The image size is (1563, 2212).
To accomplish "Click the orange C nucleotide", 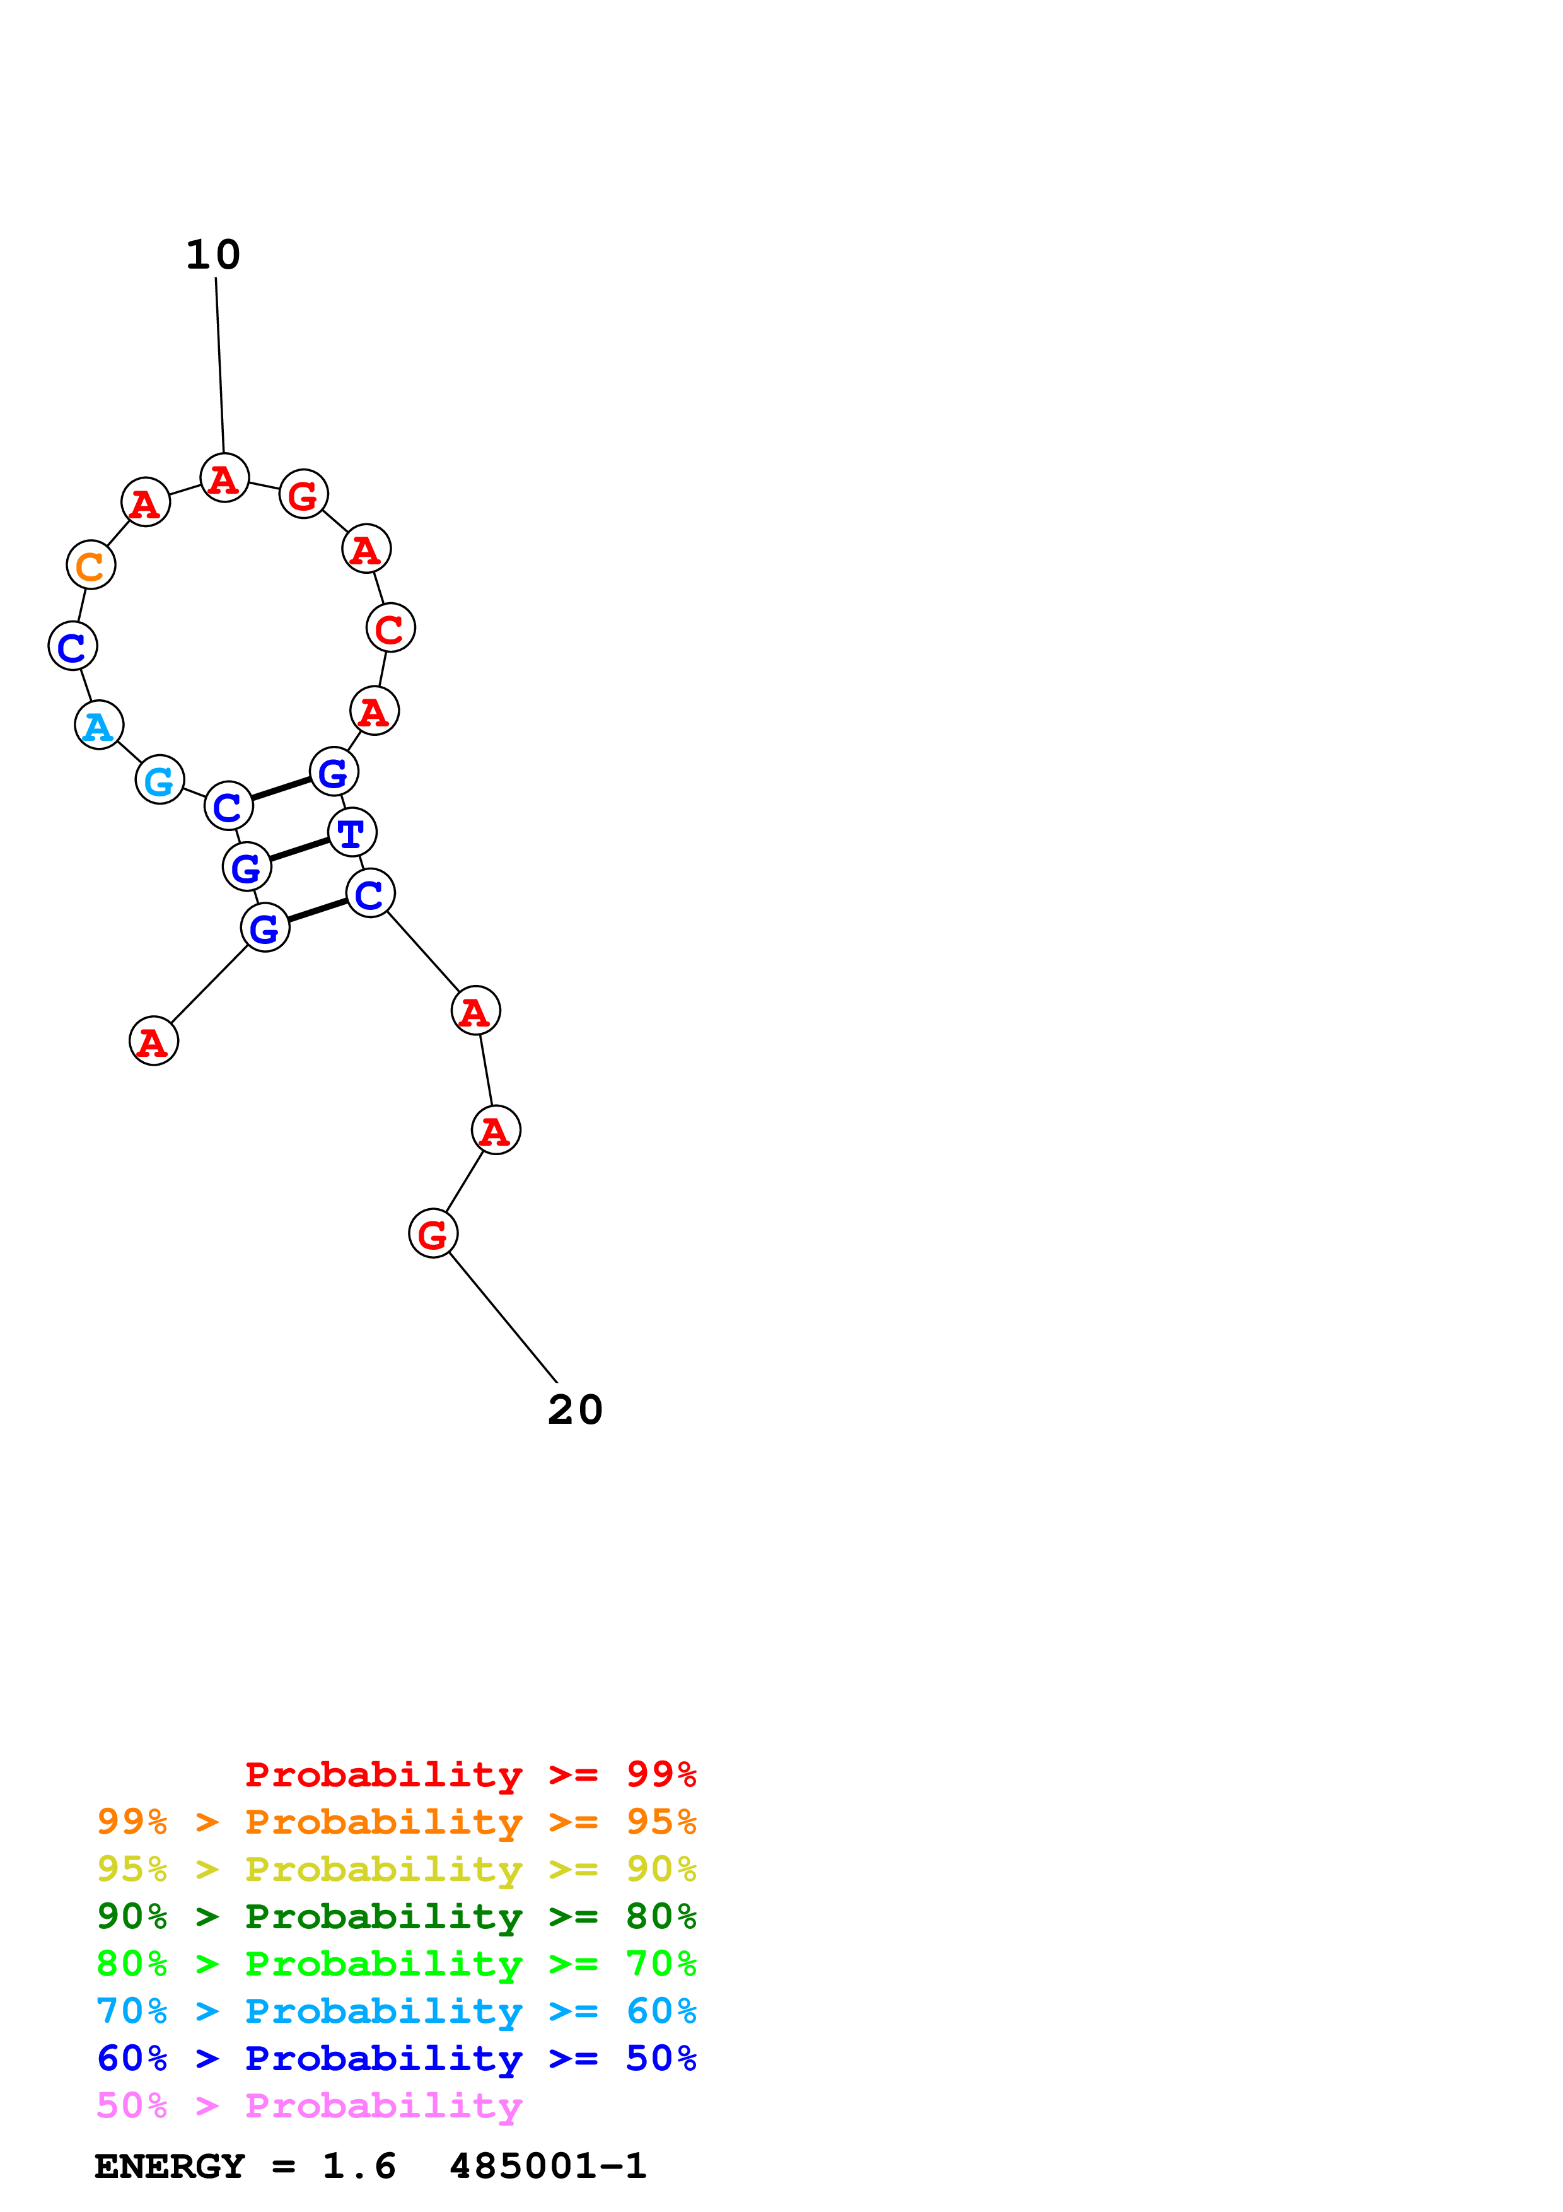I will click(x=91, y=566).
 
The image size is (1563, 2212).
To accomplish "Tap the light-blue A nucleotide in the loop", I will click(x=98, y=725).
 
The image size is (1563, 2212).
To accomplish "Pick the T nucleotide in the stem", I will click(x=352, y=832).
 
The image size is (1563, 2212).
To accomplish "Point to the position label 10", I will click(x=213, y=255).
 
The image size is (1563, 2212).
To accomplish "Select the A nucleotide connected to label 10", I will click(x=224, y=478).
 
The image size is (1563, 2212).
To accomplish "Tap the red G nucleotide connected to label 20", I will click(x=433, y=1234).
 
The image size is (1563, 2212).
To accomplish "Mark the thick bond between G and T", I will click(x=298, y=850).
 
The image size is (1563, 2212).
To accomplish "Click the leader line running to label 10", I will click(x=219, y=366).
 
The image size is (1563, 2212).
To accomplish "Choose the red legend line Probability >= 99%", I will click(x=470, y=1774).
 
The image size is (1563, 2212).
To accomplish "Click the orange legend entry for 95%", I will click(x=396, y=1822).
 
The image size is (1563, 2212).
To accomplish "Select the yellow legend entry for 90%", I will click(x=396, y=1869).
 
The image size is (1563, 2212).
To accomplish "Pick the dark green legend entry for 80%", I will click(x=396, y=1916).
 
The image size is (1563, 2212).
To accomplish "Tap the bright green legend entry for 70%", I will click(x=396, y=1964).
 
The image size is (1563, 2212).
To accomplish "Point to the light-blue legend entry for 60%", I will click(x=396, y=2011).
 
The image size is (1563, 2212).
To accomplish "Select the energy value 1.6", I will click(x=358, y=2167).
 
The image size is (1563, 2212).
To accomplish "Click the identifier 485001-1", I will click(x=547, y=2167).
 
